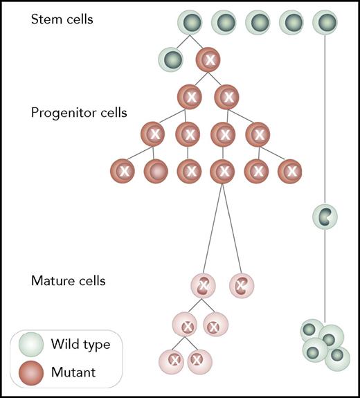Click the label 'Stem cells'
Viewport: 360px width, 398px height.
pos(62,19)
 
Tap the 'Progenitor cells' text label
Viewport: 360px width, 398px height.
pos(79,113)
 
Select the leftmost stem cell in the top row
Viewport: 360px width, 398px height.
pos(190,23)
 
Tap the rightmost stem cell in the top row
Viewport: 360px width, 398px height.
pos(325,23)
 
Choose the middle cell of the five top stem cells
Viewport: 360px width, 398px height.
pos(258,23)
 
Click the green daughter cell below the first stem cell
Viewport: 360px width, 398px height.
pos(171,59)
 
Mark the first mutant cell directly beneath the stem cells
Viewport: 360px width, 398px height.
pos(210,60)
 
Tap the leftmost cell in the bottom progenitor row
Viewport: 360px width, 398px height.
pos(124,170)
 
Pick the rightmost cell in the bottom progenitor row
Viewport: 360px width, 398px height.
pos(291,170)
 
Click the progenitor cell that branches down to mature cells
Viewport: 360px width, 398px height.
pos(223,170)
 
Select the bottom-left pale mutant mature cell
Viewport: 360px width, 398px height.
pos(172,360)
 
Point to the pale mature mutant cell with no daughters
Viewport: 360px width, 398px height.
pos(242,284)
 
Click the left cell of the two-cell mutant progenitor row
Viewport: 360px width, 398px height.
pos(190,96)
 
